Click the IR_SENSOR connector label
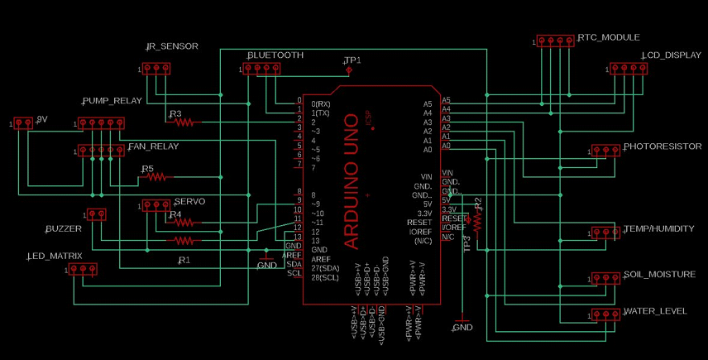click(172, 47)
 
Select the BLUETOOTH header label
click(275, 55)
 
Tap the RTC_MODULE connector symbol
click(555, 41)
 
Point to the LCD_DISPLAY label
click(671, 55)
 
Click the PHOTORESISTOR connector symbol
click(605, 151)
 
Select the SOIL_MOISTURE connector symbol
click(605, 278)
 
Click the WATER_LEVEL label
click(655, 311)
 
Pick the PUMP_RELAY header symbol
click(100, 123)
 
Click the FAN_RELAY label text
click(154, 146)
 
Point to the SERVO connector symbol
click(156, 204)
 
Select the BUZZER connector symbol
click(96, 214)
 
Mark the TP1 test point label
click(353, 60)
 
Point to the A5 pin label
click(428, 104)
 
